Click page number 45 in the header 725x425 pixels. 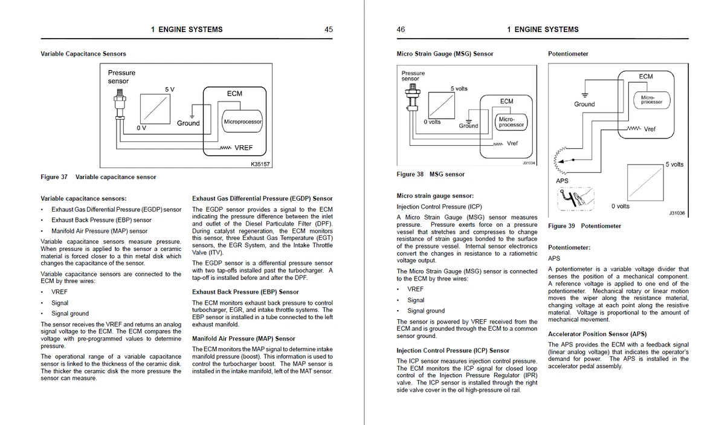329,29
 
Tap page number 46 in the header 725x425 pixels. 401,29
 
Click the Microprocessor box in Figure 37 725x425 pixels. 242,122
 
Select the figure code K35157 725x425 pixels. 260,164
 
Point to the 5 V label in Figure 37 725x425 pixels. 170,89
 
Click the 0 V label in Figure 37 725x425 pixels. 141,128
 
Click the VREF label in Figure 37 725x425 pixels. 243,148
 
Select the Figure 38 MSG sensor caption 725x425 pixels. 430,174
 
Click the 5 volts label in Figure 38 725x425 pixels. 459,88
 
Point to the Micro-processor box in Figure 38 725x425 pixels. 511,122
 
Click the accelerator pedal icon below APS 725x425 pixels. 574,198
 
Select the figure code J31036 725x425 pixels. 677,213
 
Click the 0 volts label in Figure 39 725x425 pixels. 620,206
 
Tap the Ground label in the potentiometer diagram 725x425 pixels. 584,104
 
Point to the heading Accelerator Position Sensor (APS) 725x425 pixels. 597,334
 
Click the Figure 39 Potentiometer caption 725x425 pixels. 584,226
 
